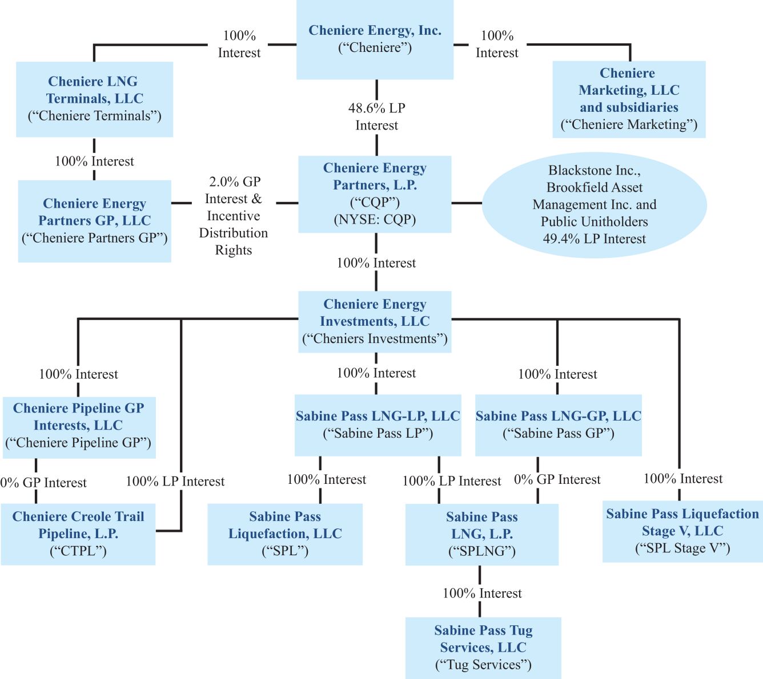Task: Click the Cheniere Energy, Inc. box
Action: point(375,39)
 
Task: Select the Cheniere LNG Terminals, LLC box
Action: point(94,99)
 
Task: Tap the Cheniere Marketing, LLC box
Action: point(629,99)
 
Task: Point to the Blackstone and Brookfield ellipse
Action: point(594,204)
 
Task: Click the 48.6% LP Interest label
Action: point(376,116)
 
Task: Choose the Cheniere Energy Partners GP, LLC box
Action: point(94,221)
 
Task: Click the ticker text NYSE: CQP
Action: point(375,220)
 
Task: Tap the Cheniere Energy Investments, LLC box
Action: point(375,321)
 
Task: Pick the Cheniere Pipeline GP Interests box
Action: point(78,426)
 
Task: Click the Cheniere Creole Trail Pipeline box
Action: point(78,533)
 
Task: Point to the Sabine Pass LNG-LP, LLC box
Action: point(378,425)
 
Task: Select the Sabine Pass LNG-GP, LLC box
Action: point(558,425)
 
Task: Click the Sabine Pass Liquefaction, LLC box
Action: point(285,533)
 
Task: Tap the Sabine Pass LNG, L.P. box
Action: point(481,533)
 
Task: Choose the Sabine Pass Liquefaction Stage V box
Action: point(682,531)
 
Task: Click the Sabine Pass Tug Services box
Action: point(483,648)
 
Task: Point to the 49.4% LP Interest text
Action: point(594,239)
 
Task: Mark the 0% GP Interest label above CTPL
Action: point(43,483)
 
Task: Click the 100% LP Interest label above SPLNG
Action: point(451,481)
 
